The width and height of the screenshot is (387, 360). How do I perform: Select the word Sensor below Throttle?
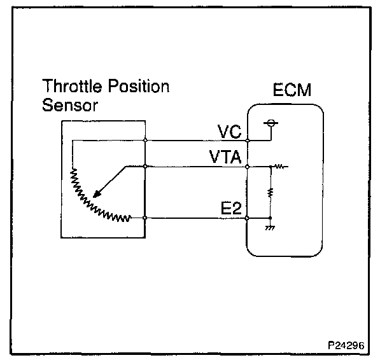(70, 105)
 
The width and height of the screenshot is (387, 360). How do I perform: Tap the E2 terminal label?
(230, 209)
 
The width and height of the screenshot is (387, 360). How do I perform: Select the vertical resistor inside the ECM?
(271, 191)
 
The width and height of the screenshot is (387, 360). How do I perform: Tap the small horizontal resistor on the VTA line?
(279, 167)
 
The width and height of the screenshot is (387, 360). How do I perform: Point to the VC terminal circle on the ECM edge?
(247, 139)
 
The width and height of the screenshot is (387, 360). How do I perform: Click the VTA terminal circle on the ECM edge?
(247, 167)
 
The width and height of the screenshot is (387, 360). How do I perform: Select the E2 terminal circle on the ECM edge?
(247, 218)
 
